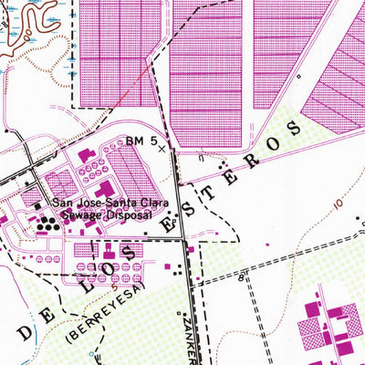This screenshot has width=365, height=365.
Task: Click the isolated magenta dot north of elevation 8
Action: [x=267, y=245]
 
